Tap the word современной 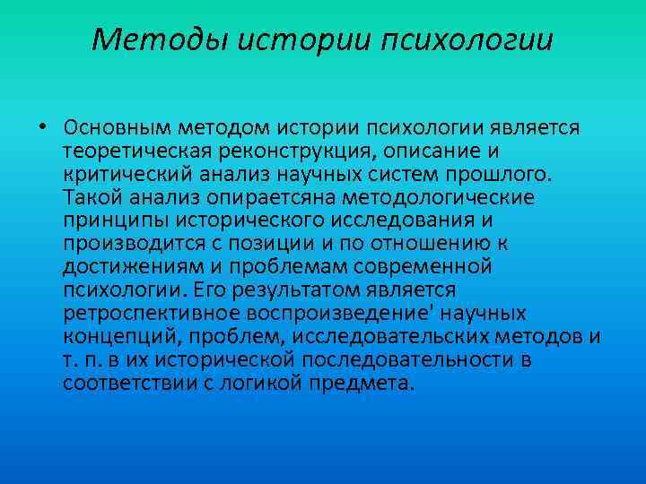coord(415,266)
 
